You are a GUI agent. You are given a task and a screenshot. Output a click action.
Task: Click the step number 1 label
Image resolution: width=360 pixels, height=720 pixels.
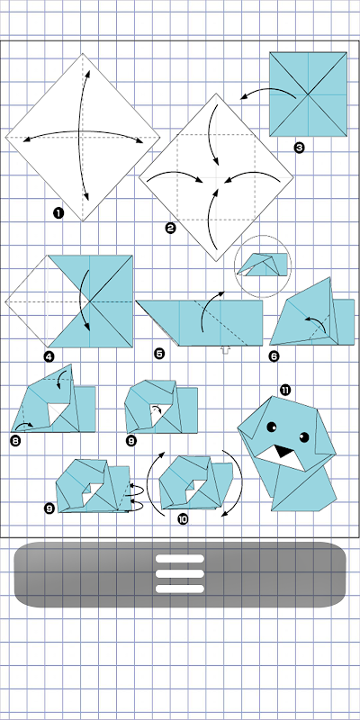pos(58,212)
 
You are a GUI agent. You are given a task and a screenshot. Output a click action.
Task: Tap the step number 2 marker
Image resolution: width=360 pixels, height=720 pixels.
pos(170,228)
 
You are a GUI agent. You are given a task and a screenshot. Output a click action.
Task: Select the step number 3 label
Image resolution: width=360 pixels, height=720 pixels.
pos(299,148)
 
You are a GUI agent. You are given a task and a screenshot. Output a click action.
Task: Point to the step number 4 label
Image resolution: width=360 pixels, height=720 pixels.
pos(49,355)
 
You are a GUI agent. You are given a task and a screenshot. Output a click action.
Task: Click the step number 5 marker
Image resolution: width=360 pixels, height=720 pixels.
pos(159,354)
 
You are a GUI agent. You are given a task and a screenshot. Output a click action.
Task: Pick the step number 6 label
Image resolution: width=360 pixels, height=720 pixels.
pos(274,355)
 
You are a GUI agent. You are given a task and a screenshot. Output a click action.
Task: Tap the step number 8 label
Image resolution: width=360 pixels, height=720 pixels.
pos(16,441)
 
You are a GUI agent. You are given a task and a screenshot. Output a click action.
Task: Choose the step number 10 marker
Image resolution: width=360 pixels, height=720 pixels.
pos(183,519)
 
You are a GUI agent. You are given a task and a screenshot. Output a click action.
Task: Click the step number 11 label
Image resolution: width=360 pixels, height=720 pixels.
pos(285,391)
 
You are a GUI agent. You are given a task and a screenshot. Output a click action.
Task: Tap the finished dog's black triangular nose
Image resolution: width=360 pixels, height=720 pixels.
pos(284,452)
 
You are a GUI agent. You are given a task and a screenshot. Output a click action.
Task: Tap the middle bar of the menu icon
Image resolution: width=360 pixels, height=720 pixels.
pos(179,573)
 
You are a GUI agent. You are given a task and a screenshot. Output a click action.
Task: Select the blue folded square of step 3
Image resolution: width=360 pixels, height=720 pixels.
pos(308,94)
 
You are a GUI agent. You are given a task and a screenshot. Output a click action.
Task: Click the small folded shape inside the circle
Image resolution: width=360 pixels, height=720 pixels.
pos(265,265)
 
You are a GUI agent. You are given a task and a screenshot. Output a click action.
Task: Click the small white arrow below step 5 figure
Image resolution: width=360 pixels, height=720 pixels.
pos(225,350)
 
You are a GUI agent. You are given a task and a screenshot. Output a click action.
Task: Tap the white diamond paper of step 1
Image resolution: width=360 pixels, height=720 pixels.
pos(83,137)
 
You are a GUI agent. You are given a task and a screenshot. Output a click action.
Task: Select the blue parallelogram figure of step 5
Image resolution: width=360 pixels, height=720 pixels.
pos(200,322)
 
